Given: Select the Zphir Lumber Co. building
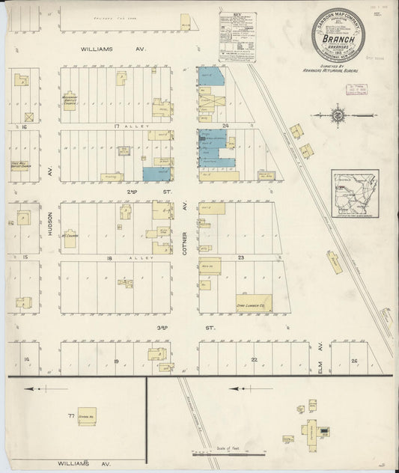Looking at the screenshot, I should point(255,302).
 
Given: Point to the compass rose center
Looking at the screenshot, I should point(337,116).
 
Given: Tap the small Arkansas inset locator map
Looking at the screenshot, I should point(355,193).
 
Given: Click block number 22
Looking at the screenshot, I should point(255,360).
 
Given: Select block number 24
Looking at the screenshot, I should point(225,126).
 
